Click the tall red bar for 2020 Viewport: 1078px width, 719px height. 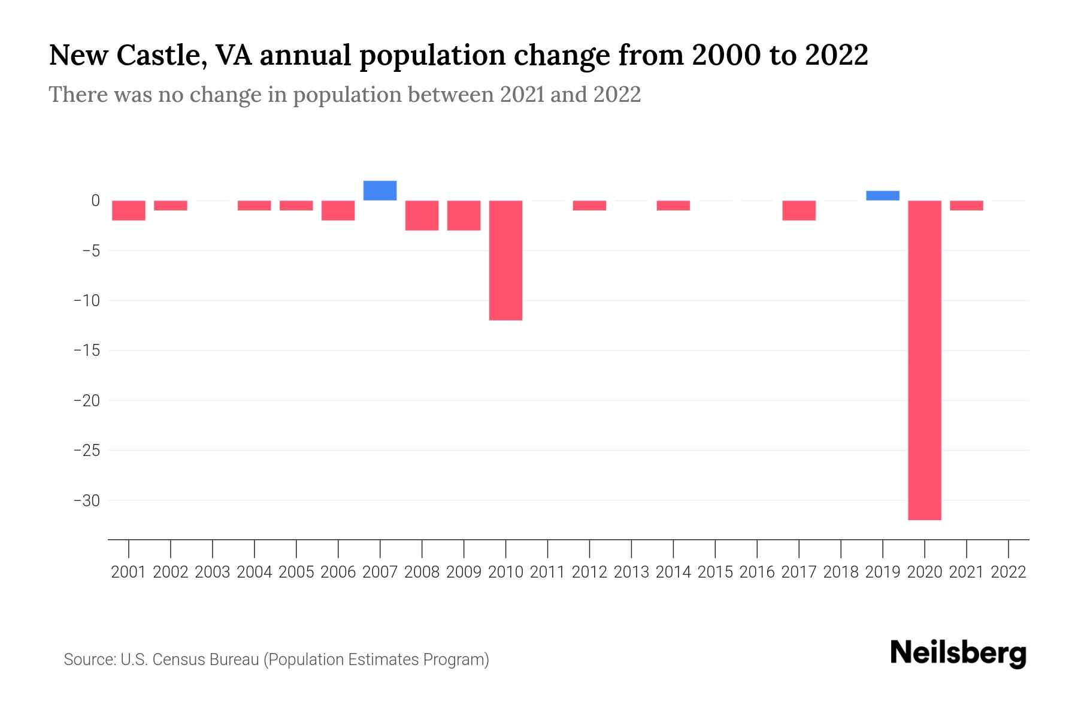pyautogui.click(x=925, y=359)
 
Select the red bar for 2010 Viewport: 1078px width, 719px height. pyautogui.click(x=505, y=260)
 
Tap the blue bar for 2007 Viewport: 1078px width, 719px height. pyautogui.click(x=380, y=191)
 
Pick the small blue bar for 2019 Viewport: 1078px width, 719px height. pyautogui.click(x=883, y=195)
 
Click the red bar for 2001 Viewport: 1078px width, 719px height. pyautogui.click(x=129, y=210)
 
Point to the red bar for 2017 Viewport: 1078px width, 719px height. pyautogui.click(x=799, y=210)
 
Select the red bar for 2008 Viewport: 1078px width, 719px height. pyautogui.click(x=422, y=215)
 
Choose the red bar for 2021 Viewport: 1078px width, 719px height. pyautogui.click(x=967, y=206)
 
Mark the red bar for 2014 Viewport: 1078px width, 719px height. pyautogui.click(x=673, y=206)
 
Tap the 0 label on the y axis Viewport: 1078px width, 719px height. pyautogui.click(x=95, y=201)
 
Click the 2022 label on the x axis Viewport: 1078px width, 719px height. pyautogui.click(x=1009, y=572)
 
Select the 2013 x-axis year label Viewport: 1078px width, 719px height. pyautogui.click(x=631, y=572)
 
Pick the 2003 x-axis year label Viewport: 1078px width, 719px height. pyautogui.click(x=213, y=572)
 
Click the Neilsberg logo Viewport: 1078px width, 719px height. pyautogui.click(x=958, y=654)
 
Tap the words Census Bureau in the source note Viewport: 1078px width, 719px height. pyautogui.click(x=207, y=660)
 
